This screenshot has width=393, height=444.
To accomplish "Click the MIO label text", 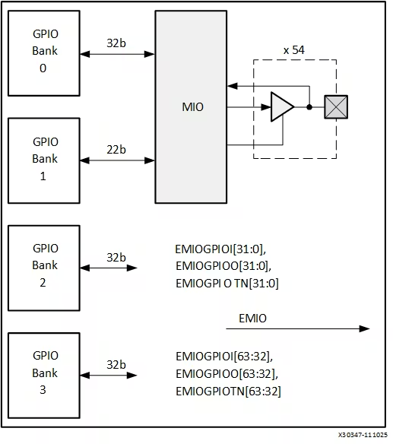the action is [192, 107].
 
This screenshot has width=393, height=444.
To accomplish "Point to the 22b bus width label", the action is [116, 150].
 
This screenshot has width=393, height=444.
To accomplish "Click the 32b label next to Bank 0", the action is [116, 43].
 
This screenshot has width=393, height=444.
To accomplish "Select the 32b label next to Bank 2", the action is [116, 258].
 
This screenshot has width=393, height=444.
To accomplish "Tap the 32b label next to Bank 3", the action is [116, 365].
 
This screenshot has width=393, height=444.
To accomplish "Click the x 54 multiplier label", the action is [294, 50].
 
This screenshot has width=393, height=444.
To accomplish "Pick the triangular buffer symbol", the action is [282, 106].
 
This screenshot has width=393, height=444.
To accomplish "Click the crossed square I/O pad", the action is [336, 106].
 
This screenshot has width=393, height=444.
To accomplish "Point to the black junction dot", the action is [309, 107].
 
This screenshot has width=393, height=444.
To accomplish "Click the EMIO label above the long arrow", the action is [252, 319].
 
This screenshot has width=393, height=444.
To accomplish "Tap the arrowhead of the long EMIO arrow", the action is [365, 328].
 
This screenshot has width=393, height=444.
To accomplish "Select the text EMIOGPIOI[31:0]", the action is [220, 249].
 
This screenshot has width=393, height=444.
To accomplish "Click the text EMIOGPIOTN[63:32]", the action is [228, 392].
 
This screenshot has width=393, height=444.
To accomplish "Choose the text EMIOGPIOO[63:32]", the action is [227, 374].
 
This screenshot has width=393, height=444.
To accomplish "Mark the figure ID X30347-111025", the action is [363, 435].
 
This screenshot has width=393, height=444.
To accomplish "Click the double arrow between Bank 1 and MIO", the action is [118, 160].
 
